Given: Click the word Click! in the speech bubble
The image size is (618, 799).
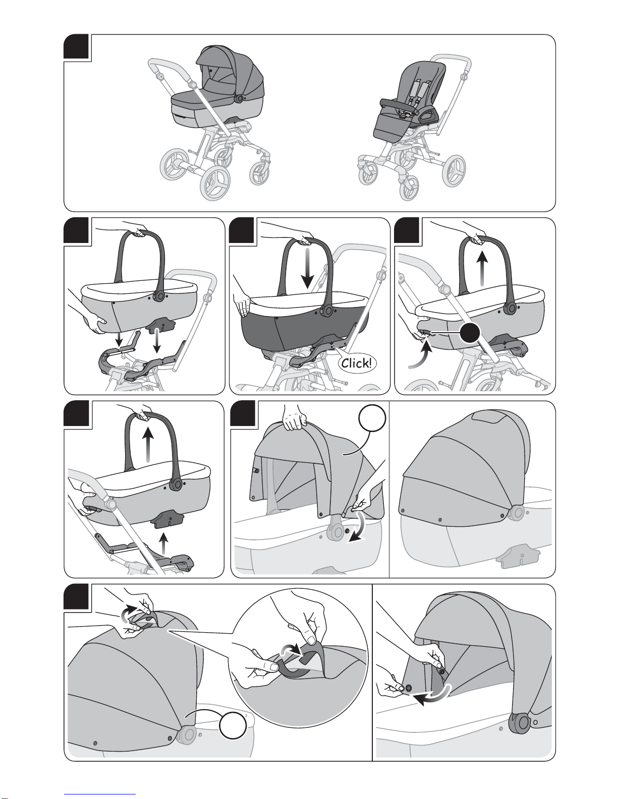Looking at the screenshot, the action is (357, 363).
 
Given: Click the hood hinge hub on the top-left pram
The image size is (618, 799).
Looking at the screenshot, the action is (239, 98).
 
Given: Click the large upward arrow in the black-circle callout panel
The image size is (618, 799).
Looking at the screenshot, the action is (483, 270).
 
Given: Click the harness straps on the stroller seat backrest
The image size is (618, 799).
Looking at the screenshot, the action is (418, 91).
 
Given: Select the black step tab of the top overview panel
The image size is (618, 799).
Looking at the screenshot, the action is (76, 47).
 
